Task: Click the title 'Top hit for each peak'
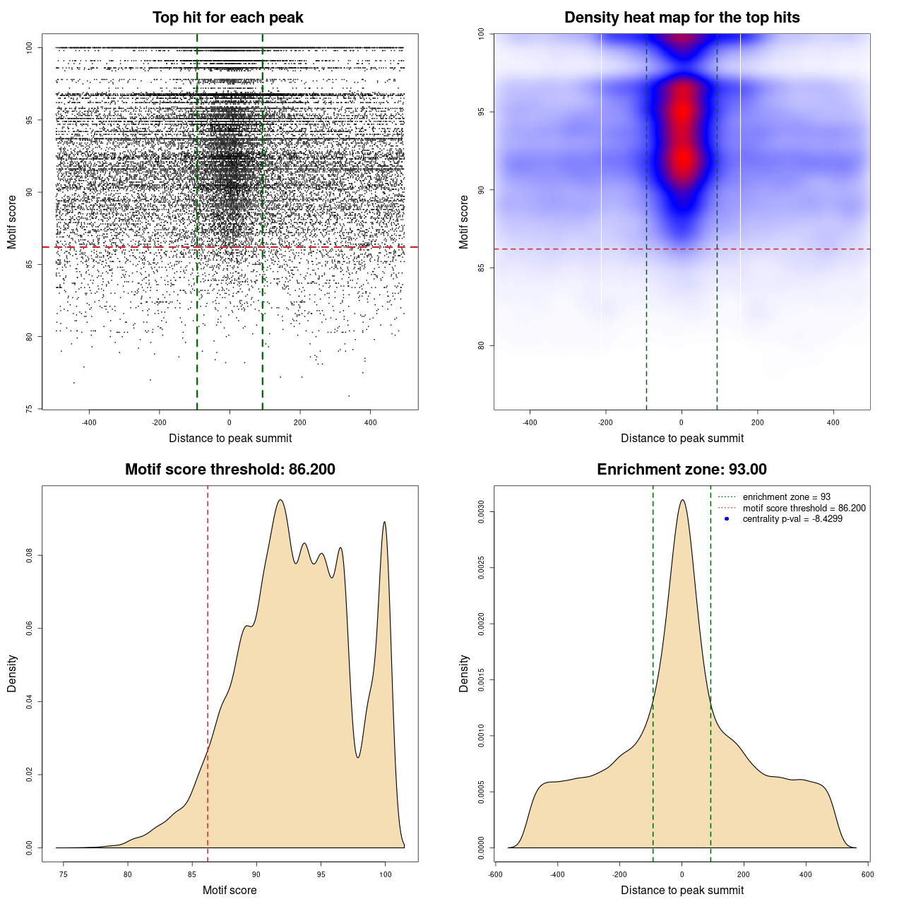(227, 18)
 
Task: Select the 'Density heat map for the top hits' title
(682, 18)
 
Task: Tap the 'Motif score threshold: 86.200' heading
(230, 470)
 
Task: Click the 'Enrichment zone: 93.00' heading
(682, 470)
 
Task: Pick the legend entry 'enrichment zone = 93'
(786, 497)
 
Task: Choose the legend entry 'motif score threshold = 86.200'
(804, 508)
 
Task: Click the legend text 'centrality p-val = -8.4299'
(792, 519)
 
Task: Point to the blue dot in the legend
(727, 519)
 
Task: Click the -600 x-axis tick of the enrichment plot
(495, 874)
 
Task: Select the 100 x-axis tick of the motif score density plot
(385, 875)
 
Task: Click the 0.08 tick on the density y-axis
(29, 556)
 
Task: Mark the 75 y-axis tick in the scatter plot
(29, 408)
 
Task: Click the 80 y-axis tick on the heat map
(481, 345)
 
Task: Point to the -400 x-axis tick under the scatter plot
(89, 422)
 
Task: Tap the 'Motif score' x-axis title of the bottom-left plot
(230, 890)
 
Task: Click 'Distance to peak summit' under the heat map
(682, 438)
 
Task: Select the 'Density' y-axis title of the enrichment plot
(464, 673)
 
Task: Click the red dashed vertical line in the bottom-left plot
(208, 671)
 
